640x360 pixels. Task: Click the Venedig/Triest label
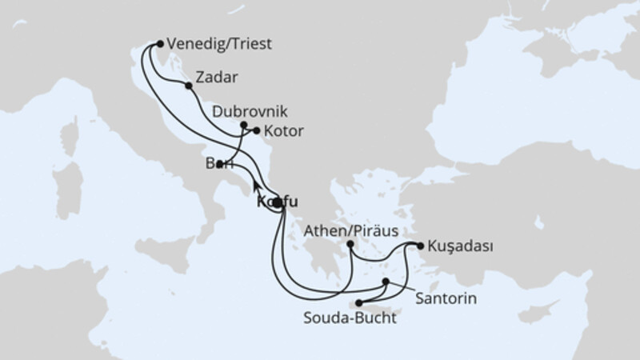coord(219,45)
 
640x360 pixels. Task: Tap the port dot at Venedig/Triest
coord(161,45)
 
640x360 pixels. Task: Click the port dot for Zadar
coord(188,86)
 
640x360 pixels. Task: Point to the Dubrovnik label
coord(249,111)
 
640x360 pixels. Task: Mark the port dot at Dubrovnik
coord(244,125)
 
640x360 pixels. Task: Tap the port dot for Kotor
coord(256,130)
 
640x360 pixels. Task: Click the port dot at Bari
coord(218,164)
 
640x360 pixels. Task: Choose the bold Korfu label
coord(280,202)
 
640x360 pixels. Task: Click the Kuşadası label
coord(458,246)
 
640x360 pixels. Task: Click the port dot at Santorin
coord(386,282)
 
